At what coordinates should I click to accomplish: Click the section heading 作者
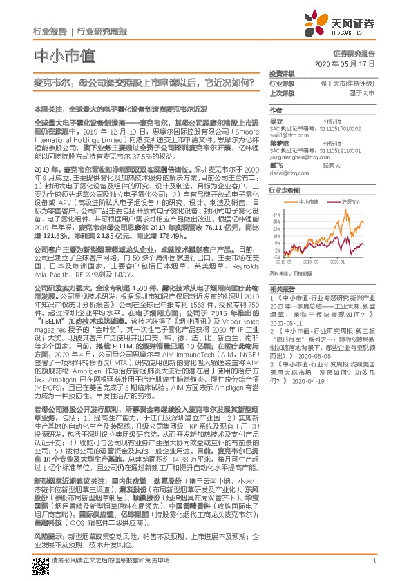[x=276, y=110]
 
